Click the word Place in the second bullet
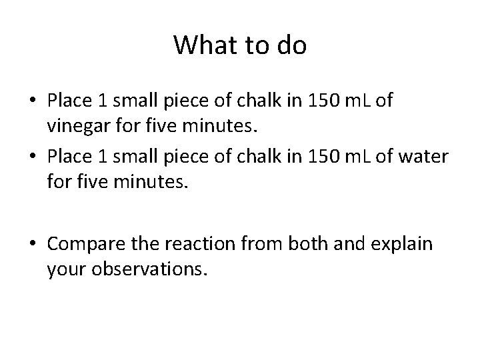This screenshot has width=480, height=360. (69, 155)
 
